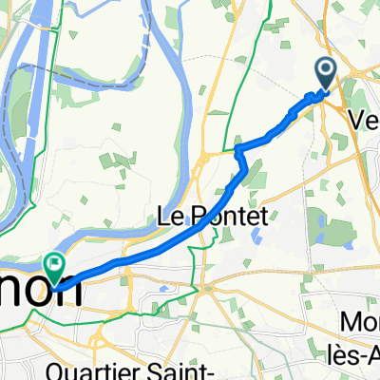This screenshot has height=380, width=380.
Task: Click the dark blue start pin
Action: coord(325,72)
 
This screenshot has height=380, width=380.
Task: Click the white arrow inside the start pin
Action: coord(325,68)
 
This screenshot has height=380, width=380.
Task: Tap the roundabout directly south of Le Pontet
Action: coord(205,286)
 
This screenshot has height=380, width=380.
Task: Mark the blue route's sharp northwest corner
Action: coord(237,148)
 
